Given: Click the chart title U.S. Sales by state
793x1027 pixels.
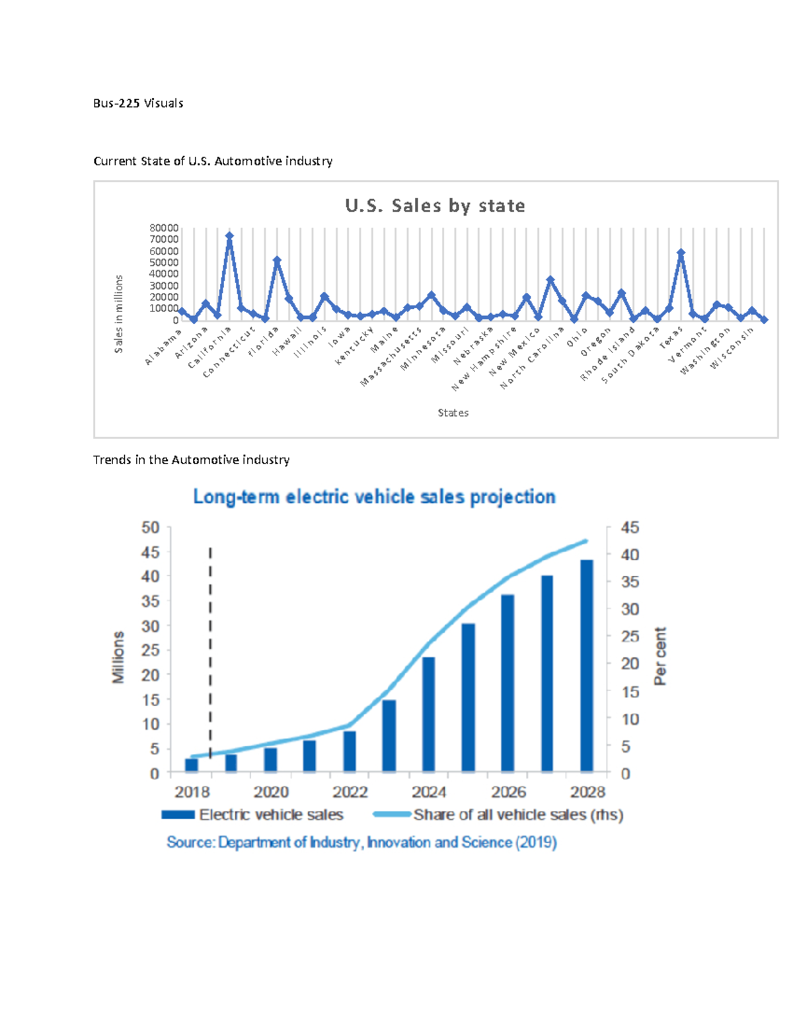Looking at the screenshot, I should [x=435, y=206].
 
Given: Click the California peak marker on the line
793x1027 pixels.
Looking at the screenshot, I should [x=229, y=235].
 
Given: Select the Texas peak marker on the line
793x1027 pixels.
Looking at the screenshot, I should [x=681, y=253].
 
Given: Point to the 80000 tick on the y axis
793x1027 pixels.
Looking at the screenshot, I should [x=164, y=228].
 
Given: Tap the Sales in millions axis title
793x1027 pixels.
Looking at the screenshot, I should [x=119, y=314].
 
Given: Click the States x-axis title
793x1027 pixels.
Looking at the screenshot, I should [x=453, y=413].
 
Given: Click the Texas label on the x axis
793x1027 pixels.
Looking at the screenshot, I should [x=671, y=339].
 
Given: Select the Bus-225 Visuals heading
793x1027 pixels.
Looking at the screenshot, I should [x=138, y=103].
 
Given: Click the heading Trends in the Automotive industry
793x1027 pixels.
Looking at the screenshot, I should [x=191, y=460].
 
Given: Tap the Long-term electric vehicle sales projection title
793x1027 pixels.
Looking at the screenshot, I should [x=374, y=497].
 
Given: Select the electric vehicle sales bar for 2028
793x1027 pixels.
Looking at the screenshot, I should [x=587, y=665].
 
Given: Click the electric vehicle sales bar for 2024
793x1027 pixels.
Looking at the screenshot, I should [x=428, y=714].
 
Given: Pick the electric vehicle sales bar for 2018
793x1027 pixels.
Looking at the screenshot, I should [x=191, y=765].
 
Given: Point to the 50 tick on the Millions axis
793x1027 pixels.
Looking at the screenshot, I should [x=151, y=528].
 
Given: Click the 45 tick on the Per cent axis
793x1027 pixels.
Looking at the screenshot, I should [x=630, y=528].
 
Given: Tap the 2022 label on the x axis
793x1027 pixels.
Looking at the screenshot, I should [x=350, y=792].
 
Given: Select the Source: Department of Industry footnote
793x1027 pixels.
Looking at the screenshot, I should [x=361, y=842].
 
